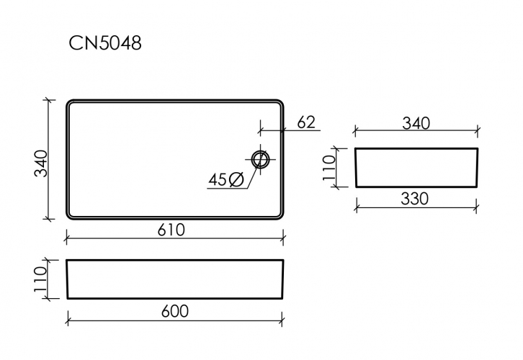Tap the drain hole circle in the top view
pyautogui.click(x=261, y=158)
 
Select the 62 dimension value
pyautogui.click(x=306, y=122)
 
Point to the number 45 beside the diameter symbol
pyautogui.click(x=218, y=180)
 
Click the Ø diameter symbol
pyautogui.click(x=236, y=180)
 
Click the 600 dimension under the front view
pyautogui.click(x=174, y=311)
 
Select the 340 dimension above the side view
pyautogui.click(x=416, y=123)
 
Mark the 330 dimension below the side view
pyautogui.click(x=414, y=199)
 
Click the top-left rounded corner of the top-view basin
pyautogui.click(x=70, y=103)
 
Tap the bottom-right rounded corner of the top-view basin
pyautogui.click(x=279, y=215)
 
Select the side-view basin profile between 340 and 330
pyautogui.click(x=416, y=168)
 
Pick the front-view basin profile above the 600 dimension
pyautogui.click(x=174, y=279)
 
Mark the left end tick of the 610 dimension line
pyautogui.click(x=67, y=238)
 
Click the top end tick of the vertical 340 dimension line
pyautogui.click(x=48, y=100)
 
